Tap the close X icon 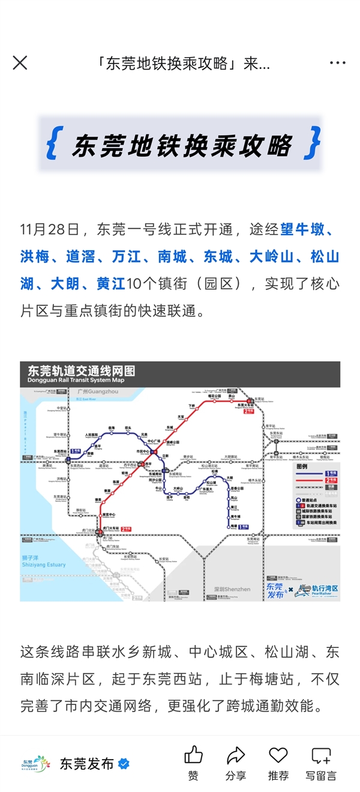click(x=20, y=63)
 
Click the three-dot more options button click(x=338, y=63)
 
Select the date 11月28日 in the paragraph click(x=50, y=230)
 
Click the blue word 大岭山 click(x=272, y=257)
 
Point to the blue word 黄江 click(x=111, y=284)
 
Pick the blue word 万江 click(x=126, y=257)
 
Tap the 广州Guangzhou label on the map click(x=98, y=391)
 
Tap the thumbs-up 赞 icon click(x=193, y=755)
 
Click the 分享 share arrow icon click(x=236, y=755)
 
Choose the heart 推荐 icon click(x=278, y=755)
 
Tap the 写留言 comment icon click(x=321, y=755)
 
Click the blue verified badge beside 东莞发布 click(x=124, y=764)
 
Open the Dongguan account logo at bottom click(x=35, y=764)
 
